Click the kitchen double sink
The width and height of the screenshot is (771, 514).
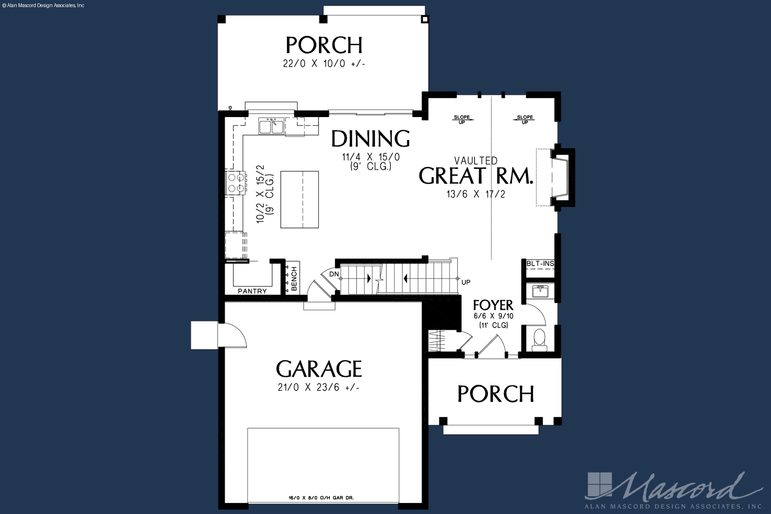(271, 126)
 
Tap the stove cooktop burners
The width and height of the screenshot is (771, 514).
(236, 183)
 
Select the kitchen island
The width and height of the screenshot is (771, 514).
(299, 199)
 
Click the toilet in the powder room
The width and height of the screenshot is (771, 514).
(539, 340)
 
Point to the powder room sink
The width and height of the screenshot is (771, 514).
(540, 291)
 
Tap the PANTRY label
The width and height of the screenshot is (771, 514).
(252, 291)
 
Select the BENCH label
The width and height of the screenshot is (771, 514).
(294, 279)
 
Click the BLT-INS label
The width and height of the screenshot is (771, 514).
(540, 264)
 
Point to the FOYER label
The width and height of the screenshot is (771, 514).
(493, 305)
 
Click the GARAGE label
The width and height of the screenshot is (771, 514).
(319, 369)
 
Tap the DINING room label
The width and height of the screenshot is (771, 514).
(370, 138)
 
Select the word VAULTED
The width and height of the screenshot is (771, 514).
(475, 161)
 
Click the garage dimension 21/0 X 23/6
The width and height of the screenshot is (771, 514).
(319, 388)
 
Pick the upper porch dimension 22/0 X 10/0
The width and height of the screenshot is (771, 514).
(324, 64)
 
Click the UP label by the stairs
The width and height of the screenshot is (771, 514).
(466, 282)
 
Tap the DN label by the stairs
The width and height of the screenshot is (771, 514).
(334, 275)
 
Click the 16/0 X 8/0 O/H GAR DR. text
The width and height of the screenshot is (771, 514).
(321, 498)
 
